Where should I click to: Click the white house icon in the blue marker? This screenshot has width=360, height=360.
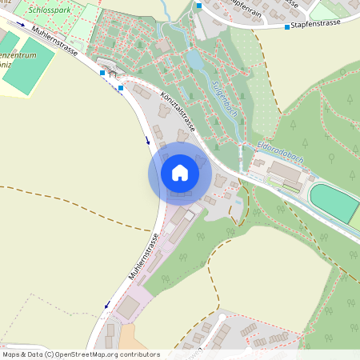click(x=180, y=172)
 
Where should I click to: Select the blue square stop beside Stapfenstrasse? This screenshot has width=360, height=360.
click(x=287, y=27)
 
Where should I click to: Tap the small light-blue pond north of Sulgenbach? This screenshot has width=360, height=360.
click(x=195, y=60)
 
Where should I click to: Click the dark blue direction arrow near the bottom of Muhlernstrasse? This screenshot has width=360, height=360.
click(x=106, y=305)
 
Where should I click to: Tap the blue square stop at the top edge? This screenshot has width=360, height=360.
click(x=199, y=5)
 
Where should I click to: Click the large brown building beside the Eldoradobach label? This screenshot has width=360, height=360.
click(x=286, y=172)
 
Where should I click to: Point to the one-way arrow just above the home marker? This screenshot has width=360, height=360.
click(x=148, y=141)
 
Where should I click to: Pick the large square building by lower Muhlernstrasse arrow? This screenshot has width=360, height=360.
click(x=128, y=306)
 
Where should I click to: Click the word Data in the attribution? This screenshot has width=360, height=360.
click(x=34, y=354)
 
